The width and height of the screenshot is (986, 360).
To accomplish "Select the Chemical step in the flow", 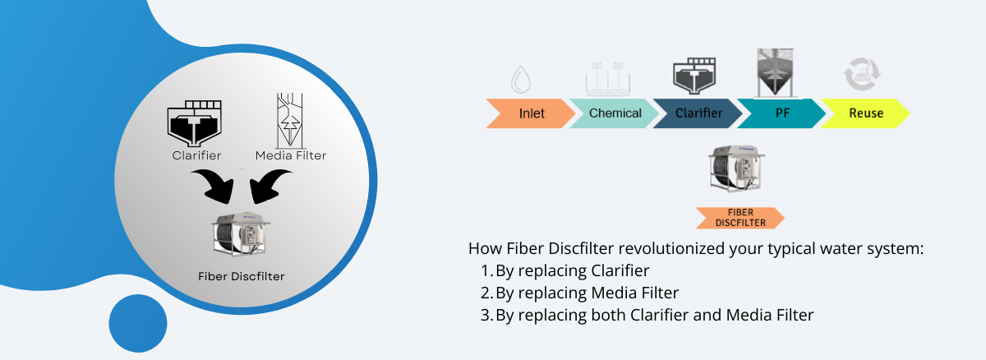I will pos(615,113).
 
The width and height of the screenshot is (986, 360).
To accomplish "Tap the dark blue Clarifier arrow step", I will pos(698,113).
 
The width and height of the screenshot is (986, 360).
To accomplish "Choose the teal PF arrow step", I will pos(781,113).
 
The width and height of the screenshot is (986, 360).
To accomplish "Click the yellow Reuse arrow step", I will pos(864,113).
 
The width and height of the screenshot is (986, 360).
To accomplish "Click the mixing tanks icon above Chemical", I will pos(607,78).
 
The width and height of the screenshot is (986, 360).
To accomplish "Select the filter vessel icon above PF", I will pos(778,72).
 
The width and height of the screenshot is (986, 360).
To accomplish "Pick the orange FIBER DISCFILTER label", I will pos(739,218).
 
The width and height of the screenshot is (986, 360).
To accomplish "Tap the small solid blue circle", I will pos(138,323).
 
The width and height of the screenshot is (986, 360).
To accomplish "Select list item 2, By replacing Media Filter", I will pos(587,292).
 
